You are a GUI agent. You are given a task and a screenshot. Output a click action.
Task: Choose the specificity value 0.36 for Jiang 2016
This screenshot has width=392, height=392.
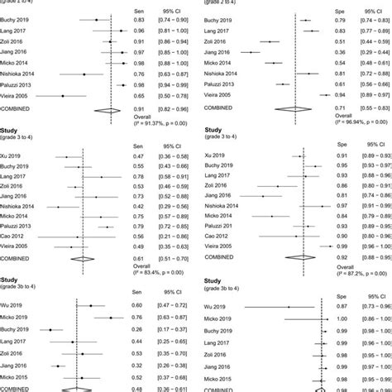point(337,52)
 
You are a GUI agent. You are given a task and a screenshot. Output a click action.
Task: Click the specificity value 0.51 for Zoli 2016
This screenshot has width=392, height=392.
point(337,41)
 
